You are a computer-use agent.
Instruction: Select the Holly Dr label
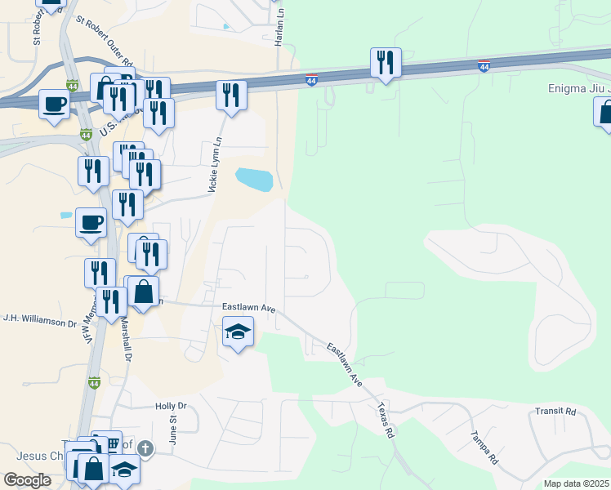click(171, 406)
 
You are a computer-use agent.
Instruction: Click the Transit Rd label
click(555, 412)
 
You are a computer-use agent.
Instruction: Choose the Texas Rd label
click(386, 420)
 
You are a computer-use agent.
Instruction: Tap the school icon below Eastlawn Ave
click(238, 331)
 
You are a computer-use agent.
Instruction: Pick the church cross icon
click(145, 448)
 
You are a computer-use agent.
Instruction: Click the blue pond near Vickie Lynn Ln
click(253, 178)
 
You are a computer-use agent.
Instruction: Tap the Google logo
click(28, 480)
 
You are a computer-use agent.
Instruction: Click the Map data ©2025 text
click(576, 483)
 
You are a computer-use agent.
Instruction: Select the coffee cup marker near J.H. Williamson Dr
click(91, 222)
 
